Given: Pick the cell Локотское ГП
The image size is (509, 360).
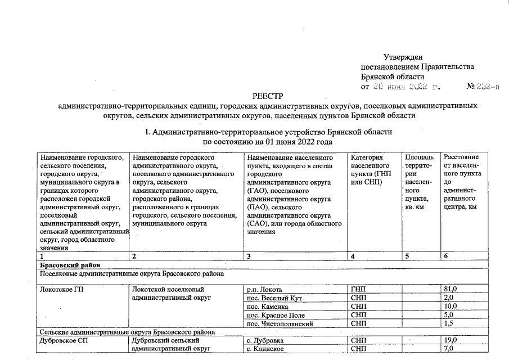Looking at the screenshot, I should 60,289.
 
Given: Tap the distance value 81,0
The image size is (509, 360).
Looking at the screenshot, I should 451,289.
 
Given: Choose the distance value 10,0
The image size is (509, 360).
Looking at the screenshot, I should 451,307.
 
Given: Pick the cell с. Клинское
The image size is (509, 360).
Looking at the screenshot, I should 265,349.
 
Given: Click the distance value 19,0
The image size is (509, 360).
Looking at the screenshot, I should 451,341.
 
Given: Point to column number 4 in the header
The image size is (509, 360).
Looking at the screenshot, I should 353,256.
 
